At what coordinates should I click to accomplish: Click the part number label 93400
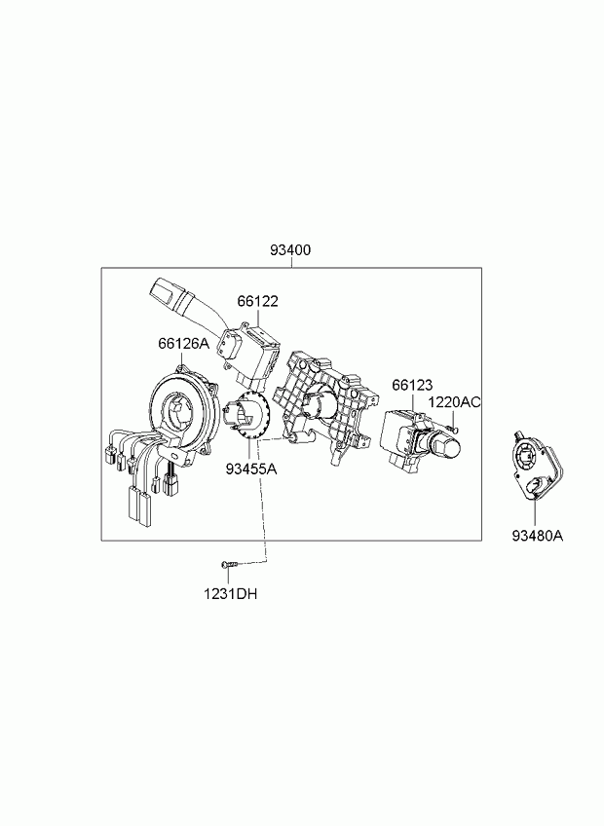click(290, 249)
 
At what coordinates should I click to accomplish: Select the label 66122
click(258, 301)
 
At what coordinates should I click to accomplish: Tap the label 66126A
click(183, 344)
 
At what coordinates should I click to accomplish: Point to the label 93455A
click(251, 469)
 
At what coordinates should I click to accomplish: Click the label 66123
click(412, 385)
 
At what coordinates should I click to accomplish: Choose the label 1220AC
click(454, 402)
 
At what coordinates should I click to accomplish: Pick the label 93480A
click(537, 536)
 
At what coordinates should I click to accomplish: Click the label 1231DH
click(231, 594)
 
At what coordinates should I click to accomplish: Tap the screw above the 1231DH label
click(229, 564)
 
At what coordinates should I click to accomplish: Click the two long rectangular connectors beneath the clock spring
click(138, 505)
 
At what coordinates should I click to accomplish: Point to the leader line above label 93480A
click(536, 511)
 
